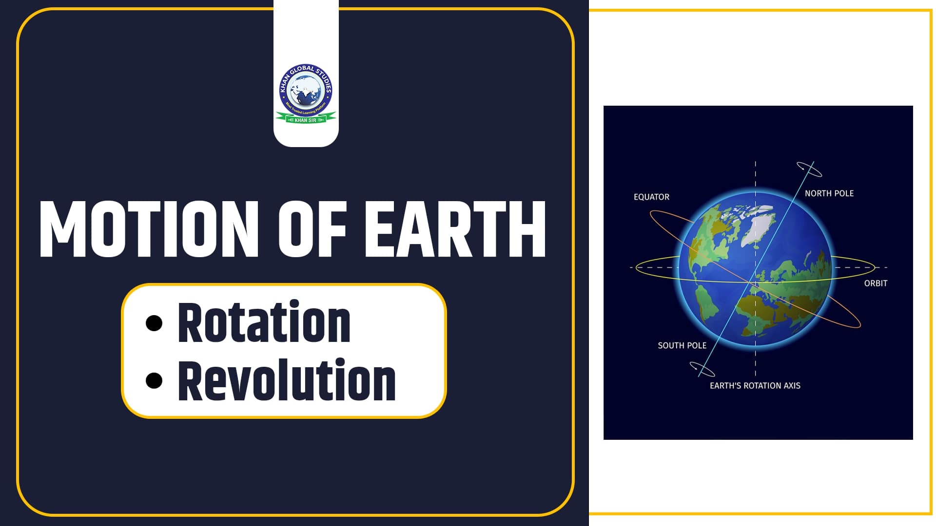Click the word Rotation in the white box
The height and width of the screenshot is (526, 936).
pyautogui.click(x=264, y=323)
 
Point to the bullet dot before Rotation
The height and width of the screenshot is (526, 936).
pyautogui.click(x=154, y=323)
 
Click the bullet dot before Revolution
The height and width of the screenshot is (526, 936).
pyautogui.click(x=154, y=381)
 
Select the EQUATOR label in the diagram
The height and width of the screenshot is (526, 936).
pyautogui.click(x=651, y=197)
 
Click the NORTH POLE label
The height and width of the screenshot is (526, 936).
pyautogui.click(x=829, y=193)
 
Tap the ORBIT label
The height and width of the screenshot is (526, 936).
pyautogui.click(x=876, y=283)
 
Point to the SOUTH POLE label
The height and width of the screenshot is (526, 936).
pyautogui.click(x=682, y=345)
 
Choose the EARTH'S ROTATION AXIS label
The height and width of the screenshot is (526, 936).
pyautogui.click(x=755, y=386)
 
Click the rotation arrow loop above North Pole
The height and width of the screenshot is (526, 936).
pyautogui.click(x=809, y=169)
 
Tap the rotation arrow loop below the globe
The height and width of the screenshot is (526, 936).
pyautogui.click(x=702, y=369)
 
